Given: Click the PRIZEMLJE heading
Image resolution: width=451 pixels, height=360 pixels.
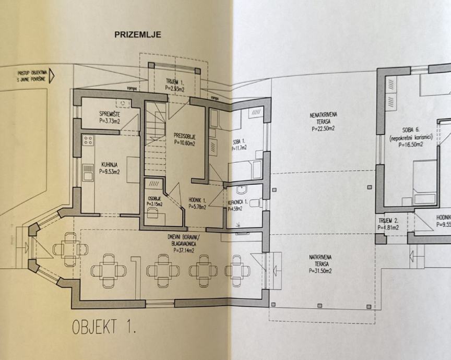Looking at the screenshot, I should (x=138, y=35).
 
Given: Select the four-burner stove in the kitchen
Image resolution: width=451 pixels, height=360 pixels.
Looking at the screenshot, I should (x=88, y=140).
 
